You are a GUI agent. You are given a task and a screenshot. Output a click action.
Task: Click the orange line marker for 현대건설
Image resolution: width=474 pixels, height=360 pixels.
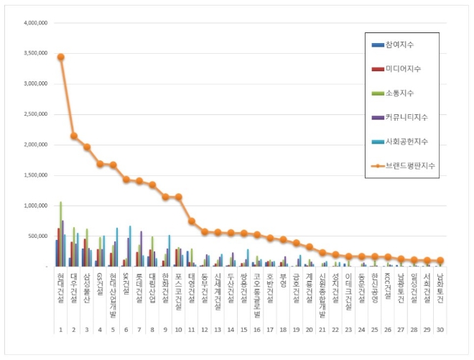click(61, 57)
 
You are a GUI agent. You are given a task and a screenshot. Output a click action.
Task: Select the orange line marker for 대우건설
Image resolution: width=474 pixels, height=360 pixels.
click(74, 135)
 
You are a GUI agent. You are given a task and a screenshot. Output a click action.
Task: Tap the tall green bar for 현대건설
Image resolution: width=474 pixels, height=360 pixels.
click(61, 234)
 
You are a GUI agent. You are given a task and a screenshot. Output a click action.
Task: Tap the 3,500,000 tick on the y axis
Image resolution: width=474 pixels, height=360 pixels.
click(34, 53)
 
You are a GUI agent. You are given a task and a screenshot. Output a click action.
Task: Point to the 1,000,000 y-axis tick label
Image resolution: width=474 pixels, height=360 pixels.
click(34, 206)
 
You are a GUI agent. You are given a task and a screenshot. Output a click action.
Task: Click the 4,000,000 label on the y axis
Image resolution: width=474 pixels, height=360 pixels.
click(34, 22)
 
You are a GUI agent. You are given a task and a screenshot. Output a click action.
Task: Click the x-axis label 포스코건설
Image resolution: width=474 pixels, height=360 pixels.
click(178, 287)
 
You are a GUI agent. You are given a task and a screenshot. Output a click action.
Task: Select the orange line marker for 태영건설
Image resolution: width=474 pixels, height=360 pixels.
click(192, 221)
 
